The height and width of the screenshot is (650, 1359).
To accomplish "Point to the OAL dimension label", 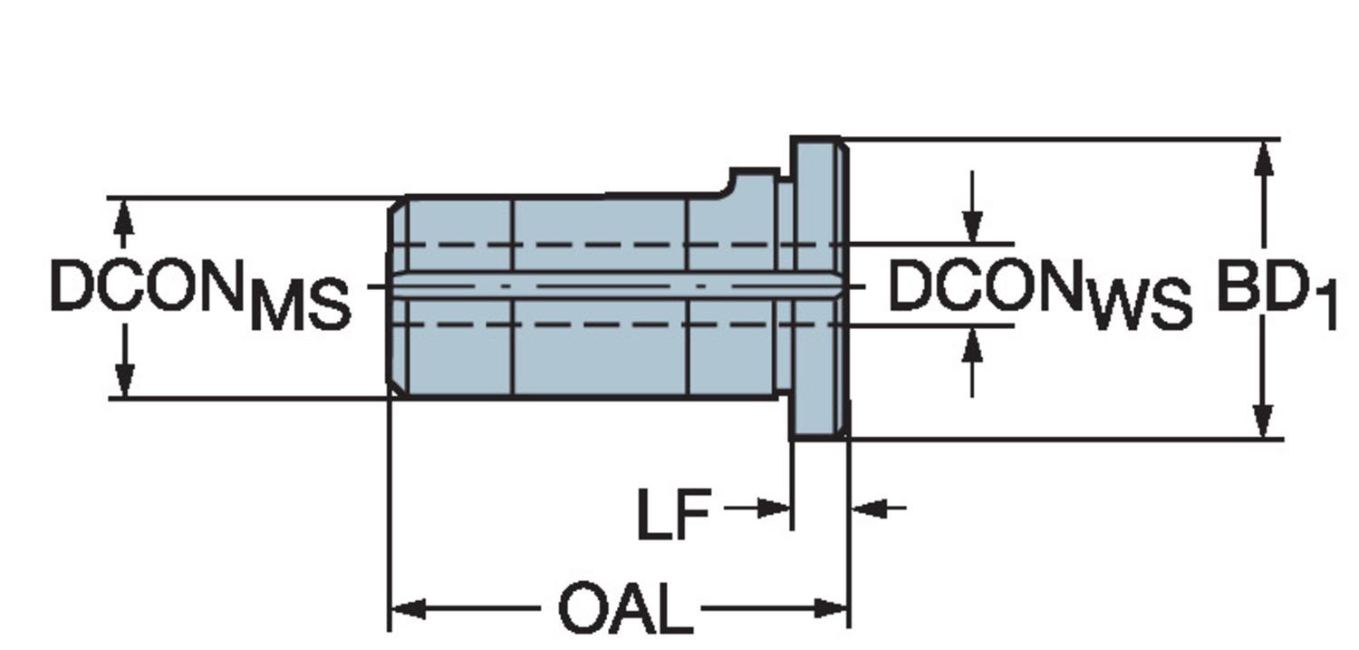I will tap(625, 609).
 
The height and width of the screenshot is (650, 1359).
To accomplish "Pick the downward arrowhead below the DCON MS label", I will tap(124, 381).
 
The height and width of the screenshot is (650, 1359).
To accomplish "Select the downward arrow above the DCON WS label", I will tap(972, 227).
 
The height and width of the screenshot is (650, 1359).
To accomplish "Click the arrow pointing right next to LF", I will tap(776, 509).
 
